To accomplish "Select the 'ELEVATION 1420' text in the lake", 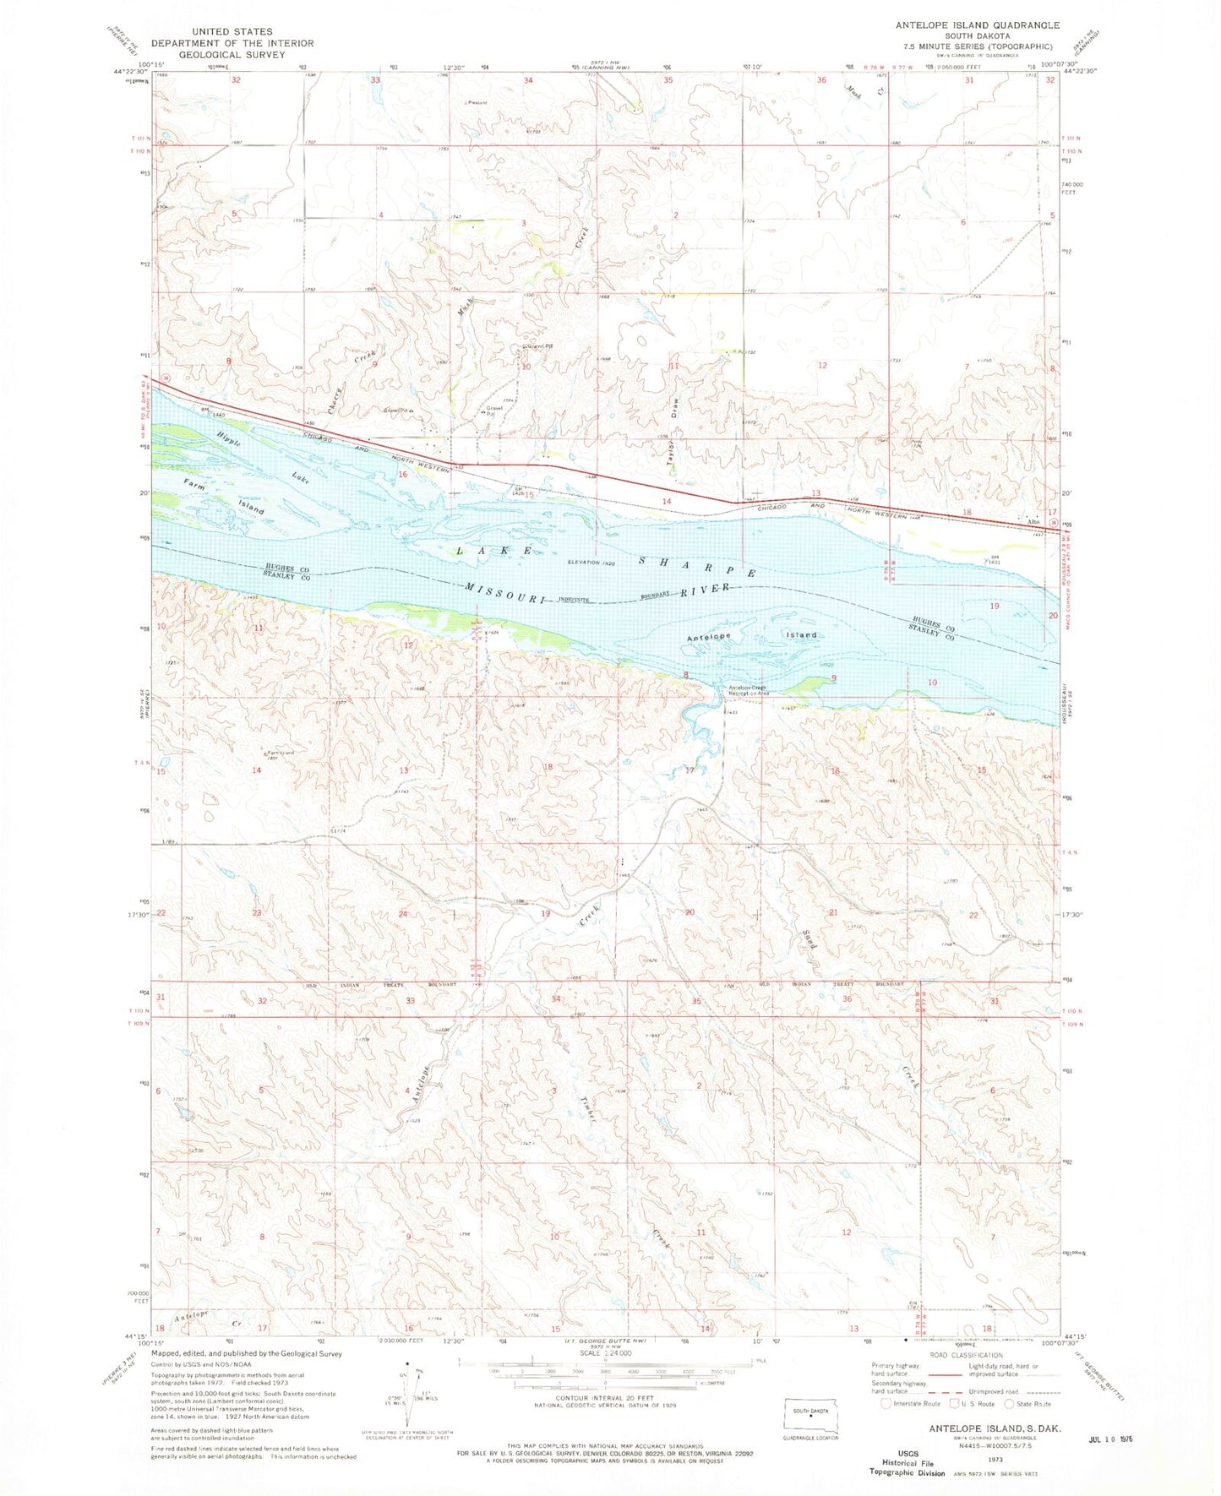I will (x=597, y=562).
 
